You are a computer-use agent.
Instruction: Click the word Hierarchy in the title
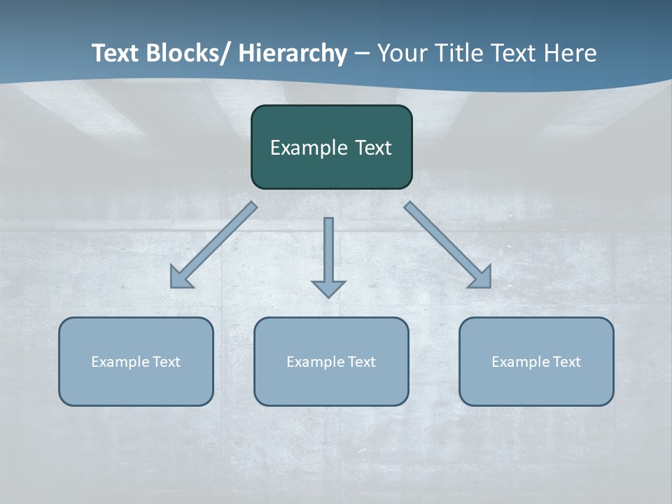click(293, 53)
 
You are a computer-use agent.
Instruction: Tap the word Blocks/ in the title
click(190, 53)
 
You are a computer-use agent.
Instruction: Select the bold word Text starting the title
click(116, 53)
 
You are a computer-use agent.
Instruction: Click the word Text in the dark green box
click(372, 148)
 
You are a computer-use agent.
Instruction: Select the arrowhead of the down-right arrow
click(482, 279)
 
